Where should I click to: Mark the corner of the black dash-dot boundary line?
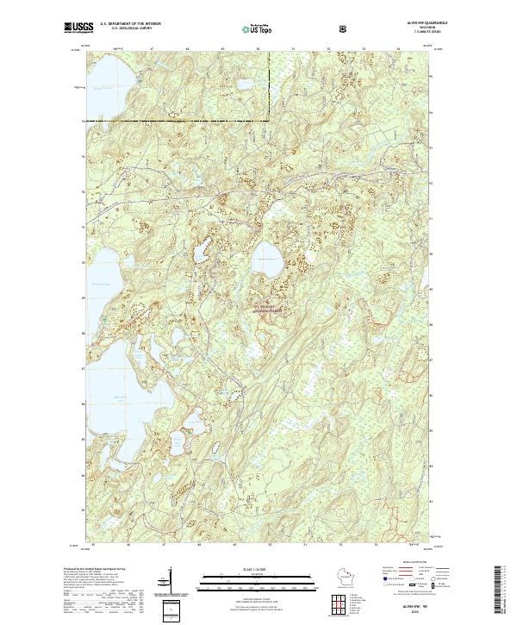268,118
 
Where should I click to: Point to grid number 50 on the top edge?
259,49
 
